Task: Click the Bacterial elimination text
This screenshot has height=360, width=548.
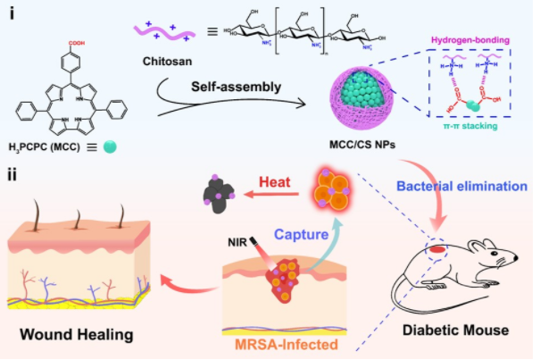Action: pos(458,186)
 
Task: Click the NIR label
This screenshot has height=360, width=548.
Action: pos(241,240)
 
